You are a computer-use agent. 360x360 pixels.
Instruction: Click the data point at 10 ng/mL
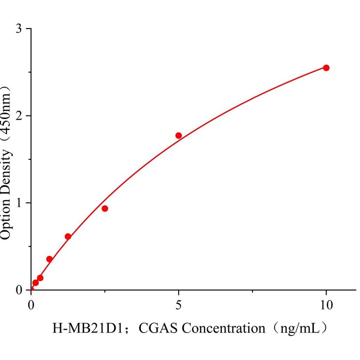326,68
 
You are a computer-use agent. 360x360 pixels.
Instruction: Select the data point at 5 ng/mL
179,135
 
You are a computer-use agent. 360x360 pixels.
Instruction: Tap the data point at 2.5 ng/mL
105,208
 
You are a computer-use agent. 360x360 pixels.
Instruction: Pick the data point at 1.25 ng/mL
68,237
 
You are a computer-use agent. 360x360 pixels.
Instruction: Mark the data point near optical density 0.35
50,259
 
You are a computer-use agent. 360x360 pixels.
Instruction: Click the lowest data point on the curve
36,283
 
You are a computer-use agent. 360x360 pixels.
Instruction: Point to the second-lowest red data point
40,278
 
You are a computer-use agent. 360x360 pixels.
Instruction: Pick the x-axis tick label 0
31,305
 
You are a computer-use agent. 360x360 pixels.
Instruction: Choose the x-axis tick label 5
179,305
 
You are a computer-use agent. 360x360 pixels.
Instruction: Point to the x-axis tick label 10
326,305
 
